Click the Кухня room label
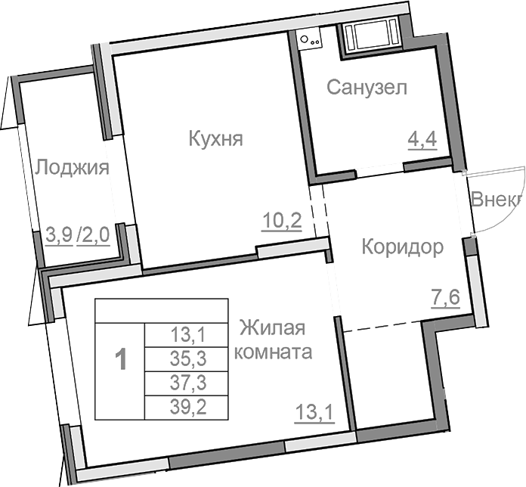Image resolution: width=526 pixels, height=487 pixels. (x=215, y=140)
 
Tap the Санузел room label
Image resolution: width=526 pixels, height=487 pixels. (x=367, y=88)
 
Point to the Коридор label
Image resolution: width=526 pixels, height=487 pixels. (x=401, y=247)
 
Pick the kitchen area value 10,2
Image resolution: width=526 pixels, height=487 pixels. (x=282, y=222)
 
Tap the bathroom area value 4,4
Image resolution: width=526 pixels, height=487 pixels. (x=423, y=141)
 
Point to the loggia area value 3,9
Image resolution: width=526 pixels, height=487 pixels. (x=60, y=234)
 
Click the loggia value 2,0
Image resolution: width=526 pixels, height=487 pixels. (x=96, y=234)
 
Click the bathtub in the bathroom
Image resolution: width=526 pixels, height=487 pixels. (x=368, y=34)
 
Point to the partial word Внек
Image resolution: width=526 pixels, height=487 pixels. (x=497, y=200)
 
